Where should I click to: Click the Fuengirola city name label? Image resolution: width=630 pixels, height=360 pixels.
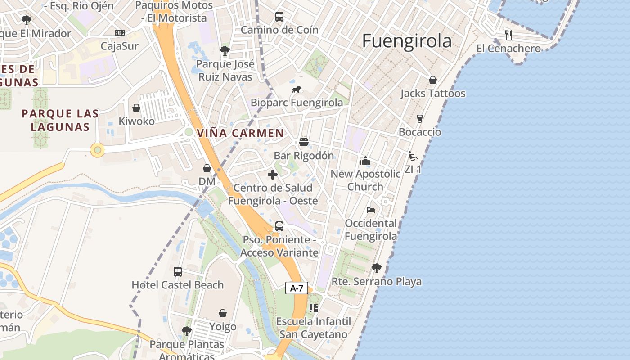406,41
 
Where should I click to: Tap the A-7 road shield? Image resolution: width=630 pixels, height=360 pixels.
297,288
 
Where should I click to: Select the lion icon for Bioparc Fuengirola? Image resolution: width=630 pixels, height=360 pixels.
297,90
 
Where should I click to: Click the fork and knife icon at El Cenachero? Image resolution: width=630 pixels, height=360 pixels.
508,35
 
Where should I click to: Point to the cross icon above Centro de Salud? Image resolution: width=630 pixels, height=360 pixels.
273,175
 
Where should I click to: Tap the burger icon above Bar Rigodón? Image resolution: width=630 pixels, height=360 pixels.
304,142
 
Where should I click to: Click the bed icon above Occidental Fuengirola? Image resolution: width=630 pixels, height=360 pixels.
371,210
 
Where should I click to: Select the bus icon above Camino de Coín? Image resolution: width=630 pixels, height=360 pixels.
279,17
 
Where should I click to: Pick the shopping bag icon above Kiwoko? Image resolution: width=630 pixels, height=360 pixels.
136,108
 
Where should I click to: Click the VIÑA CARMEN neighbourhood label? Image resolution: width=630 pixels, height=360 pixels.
240,133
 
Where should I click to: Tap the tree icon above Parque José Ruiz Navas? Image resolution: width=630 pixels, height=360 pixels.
225,50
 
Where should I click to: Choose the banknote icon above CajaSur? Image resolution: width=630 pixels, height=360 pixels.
119,33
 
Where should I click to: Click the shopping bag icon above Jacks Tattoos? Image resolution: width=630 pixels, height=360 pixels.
432,80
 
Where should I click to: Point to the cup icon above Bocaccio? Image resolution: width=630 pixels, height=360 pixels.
420,119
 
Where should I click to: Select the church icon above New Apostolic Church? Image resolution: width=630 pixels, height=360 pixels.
365,161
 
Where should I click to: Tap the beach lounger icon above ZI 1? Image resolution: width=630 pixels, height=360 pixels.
413,156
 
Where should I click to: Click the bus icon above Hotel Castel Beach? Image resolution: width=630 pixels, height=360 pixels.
178,272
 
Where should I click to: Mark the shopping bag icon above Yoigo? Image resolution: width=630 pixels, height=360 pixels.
223,313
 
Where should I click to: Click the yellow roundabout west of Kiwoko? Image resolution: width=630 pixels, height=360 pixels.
98,150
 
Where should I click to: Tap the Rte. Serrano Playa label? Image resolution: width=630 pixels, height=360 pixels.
377,282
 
